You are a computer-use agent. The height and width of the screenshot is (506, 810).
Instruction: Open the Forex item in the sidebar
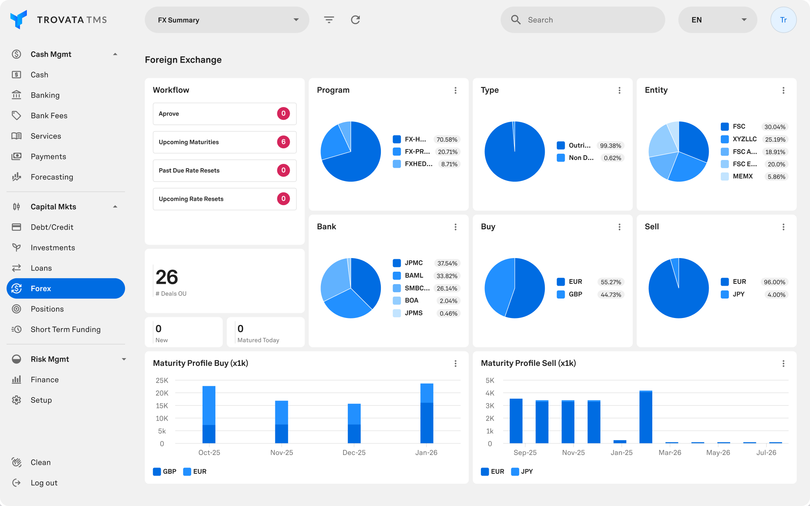tap(65, 288)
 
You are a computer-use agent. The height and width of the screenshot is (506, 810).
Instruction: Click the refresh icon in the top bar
tap(355, 20)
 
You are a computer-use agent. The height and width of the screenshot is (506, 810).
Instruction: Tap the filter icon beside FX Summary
tap(329, 20)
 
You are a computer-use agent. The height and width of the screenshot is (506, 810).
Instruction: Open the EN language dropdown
tap(717, 20)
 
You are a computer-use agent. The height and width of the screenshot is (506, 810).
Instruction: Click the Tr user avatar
tap(783, 20)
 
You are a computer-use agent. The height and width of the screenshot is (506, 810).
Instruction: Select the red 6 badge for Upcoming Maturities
tap(283, 142)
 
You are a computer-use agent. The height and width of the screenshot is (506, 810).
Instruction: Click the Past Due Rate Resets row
tap(224, 170)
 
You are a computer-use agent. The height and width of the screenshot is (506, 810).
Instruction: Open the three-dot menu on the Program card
tap(455, 90)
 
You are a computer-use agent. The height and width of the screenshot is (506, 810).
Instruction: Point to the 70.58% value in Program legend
tap(447, 139)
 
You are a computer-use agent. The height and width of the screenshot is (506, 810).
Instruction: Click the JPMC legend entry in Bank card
tap(413, 263)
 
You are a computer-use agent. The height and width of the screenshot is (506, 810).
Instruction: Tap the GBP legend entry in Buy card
tap(575, 294)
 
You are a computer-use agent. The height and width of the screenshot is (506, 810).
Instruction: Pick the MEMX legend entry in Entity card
tap(742, 176)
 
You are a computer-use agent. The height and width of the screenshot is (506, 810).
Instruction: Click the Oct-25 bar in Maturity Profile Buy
tap(209, 415)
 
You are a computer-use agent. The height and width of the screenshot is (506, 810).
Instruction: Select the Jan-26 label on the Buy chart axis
tap(426, 453)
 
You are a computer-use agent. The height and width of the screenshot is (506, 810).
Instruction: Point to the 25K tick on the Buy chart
tap(162, 380)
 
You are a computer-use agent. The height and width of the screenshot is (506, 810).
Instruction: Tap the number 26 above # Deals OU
tap(167, 277)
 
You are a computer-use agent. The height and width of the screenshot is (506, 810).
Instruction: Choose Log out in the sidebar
tap(44, 483)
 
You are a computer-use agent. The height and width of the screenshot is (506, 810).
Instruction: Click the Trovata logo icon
tap(18, 19)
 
